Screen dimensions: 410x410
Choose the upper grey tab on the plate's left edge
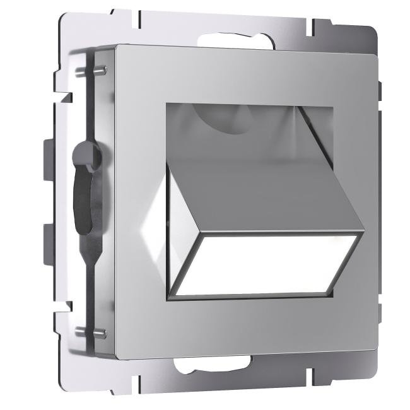[49, 154]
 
